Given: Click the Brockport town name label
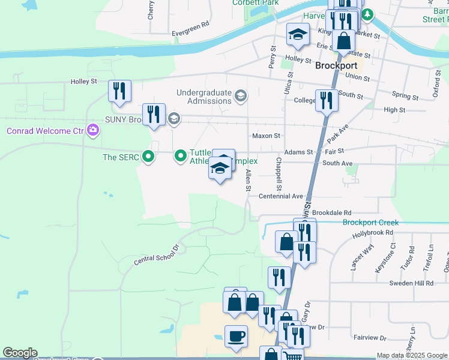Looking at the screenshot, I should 336,66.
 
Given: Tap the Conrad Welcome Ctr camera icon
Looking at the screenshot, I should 93,130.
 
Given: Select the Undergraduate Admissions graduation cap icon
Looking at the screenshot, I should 241,96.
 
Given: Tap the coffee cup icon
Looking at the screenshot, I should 236,336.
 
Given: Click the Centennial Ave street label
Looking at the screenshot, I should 280,196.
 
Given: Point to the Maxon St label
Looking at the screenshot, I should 266,136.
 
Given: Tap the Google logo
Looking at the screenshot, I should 20,353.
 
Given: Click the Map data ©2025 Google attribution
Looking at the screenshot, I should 412,355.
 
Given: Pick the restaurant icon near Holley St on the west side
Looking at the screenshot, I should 119,91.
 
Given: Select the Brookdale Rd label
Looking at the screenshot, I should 331,213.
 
